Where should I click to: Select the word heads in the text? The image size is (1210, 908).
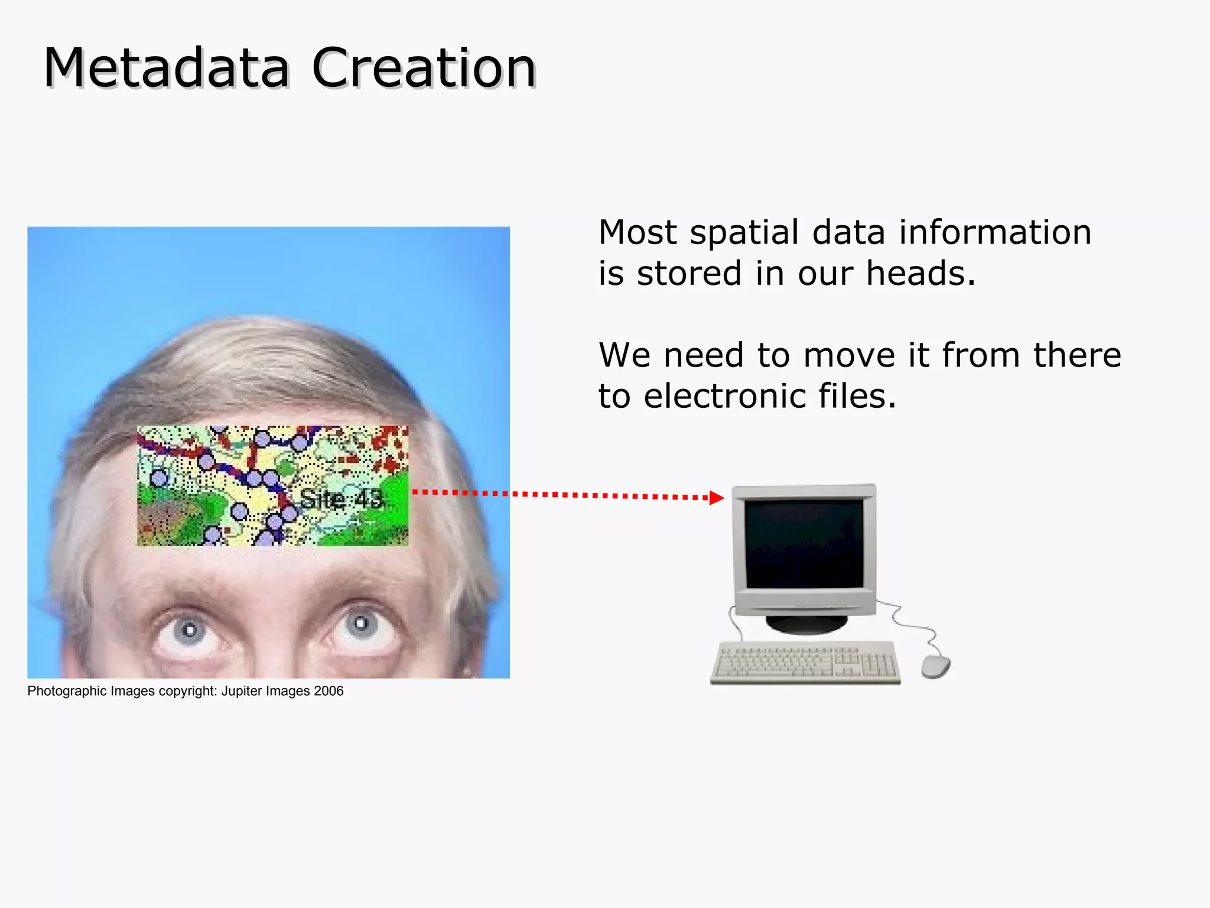coord(919,274)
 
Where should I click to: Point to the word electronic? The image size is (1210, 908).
coord(724,396)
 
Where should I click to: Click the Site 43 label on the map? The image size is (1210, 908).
coord(341,500)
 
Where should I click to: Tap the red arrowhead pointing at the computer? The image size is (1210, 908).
coord(716,498)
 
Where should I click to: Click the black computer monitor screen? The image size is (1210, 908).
coord(804,543)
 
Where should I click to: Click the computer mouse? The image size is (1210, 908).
coord(935,667)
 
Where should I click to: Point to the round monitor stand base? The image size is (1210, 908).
coord(806,624)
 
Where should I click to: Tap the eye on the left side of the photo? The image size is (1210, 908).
coord(189,630)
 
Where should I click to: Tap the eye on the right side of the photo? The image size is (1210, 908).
coord(361,624)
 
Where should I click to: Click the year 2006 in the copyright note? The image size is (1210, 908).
coord(328,691)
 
